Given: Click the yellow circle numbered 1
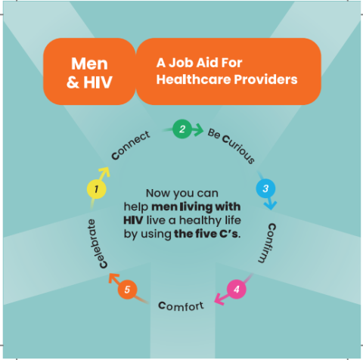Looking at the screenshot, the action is click(96, 189).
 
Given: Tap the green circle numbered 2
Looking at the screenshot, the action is click(182, 129).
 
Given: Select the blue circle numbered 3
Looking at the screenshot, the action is click(265, 188).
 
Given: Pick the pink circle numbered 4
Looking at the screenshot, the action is click(236, 289).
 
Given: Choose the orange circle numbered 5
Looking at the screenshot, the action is click(127, 290).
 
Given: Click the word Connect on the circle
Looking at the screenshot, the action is click(131, 145).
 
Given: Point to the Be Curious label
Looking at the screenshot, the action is click(231, 145).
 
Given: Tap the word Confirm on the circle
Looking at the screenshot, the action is click(268, 243).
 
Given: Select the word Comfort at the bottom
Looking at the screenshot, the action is click(181, 306).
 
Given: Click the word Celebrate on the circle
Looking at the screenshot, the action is click(97, 244).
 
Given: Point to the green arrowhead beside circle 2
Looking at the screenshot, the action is click(198, 130).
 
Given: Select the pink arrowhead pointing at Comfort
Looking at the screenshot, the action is click(219, 299).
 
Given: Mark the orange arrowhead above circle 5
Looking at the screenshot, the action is click(113, 278).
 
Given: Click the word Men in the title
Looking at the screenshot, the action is click(89, 64).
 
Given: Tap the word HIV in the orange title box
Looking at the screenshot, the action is click(98, 82).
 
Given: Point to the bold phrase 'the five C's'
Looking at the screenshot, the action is click(207, 234).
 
